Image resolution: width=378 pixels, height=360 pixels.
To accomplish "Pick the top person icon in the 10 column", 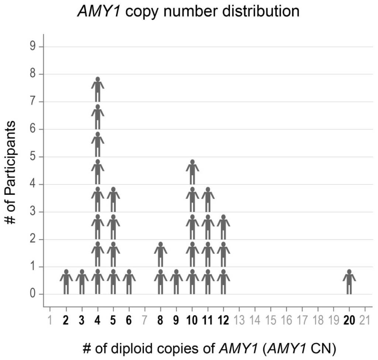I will coord(192,172).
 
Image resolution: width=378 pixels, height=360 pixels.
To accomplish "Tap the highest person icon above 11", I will coord(208,200).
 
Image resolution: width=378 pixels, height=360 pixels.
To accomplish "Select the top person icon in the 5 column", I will coord(113,200).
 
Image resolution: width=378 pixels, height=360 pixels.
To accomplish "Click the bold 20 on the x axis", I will coord(349,320).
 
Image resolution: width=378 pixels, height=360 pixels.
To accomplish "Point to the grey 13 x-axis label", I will coord(239,320).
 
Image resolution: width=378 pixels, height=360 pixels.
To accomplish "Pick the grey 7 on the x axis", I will coord(145,320).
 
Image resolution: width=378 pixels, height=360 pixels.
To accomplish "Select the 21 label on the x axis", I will coord(365,320).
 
